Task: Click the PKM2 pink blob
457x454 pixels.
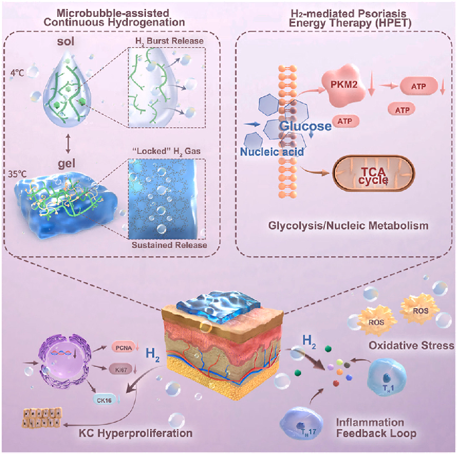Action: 343,85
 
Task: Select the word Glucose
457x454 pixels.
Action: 305,126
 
